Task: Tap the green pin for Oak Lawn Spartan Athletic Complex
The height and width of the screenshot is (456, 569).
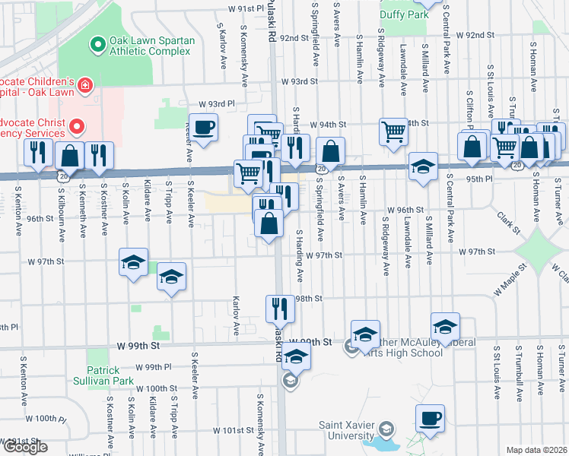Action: pos(97,46)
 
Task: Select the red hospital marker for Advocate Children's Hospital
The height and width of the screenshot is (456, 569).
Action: pos(84,85)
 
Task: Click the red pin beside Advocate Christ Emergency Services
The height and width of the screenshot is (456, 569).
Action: pos(77,127)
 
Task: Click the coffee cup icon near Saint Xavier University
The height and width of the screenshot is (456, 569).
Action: pos(430,418)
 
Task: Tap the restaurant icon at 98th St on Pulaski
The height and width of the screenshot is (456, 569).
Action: pos(278,308)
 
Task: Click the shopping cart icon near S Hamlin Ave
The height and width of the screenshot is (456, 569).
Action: pos(393,131)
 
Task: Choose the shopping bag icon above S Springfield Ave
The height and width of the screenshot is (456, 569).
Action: pos(329,150)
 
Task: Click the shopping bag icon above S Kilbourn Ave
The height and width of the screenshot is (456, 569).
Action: pos(69,155)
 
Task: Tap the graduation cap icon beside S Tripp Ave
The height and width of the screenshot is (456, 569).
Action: pos(171,277)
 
